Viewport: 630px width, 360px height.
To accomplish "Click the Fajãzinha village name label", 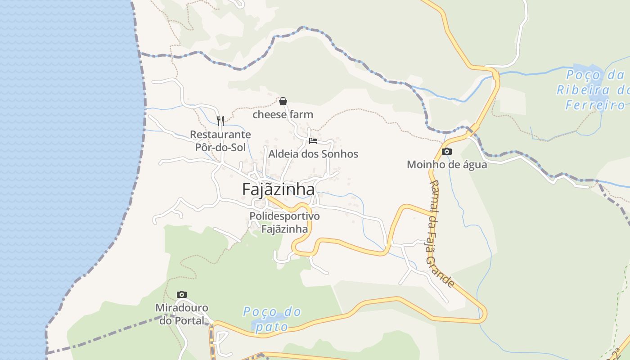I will pos(278,189).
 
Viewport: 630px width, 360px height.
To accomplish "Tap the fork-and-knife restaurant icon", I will pos(220,121).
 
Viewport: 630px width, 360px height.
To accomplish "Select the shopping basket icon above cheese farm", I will pos(283,101).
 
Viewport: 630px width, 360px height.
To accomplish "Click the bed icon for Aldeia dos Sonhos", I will pos(313,141).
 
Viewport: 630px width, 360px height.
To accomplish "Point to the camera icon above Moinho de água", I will pos(446,152).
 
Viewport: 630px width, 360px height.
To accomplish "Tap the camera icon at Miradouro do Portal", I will pos(182,295).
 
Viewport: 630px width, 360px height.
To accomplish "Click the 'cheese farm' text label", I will pos(283,115).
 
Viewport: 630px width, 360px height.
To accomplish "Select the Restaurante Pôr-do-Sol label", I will pos(220,141).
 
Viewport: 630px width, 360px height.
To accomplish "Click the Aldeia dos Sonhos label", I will pos(313,154).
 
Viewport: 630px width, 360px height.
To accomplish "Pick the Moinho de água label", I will pos(446,165).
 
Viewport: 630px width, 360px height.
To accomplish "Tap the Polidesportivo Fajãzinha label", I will pos(284,223).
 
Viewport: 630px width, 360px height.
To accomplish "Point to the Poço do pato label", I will pos(272,319).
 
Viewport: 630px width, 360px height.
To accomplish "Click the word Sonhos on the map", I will pos(340,154).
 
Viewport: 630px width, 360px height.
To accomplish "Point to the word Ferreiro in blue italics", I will pos(595,105).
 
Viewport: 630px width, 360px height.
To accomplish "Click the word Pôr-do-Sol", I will pos(220,147).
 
